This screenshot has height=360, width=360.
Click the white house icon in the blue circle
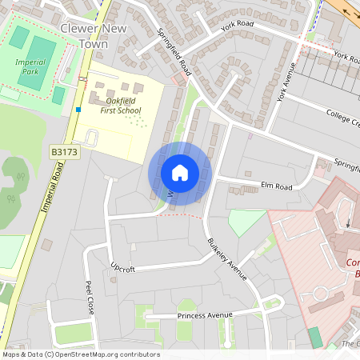(180, 173)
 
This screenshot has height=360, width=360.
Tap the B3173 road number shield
(65, 151)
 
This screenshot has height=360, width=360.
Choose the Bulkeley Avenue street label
(228, 258)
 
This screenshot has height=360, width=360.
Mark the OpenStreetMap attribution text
(81, 354)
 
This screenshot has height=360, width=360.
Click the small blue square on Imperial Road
(78, 109)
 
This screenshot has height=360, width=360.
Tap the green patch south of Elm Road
(246, 222)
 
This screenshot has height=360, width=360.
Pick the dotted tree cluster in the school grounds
(137, 121)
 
